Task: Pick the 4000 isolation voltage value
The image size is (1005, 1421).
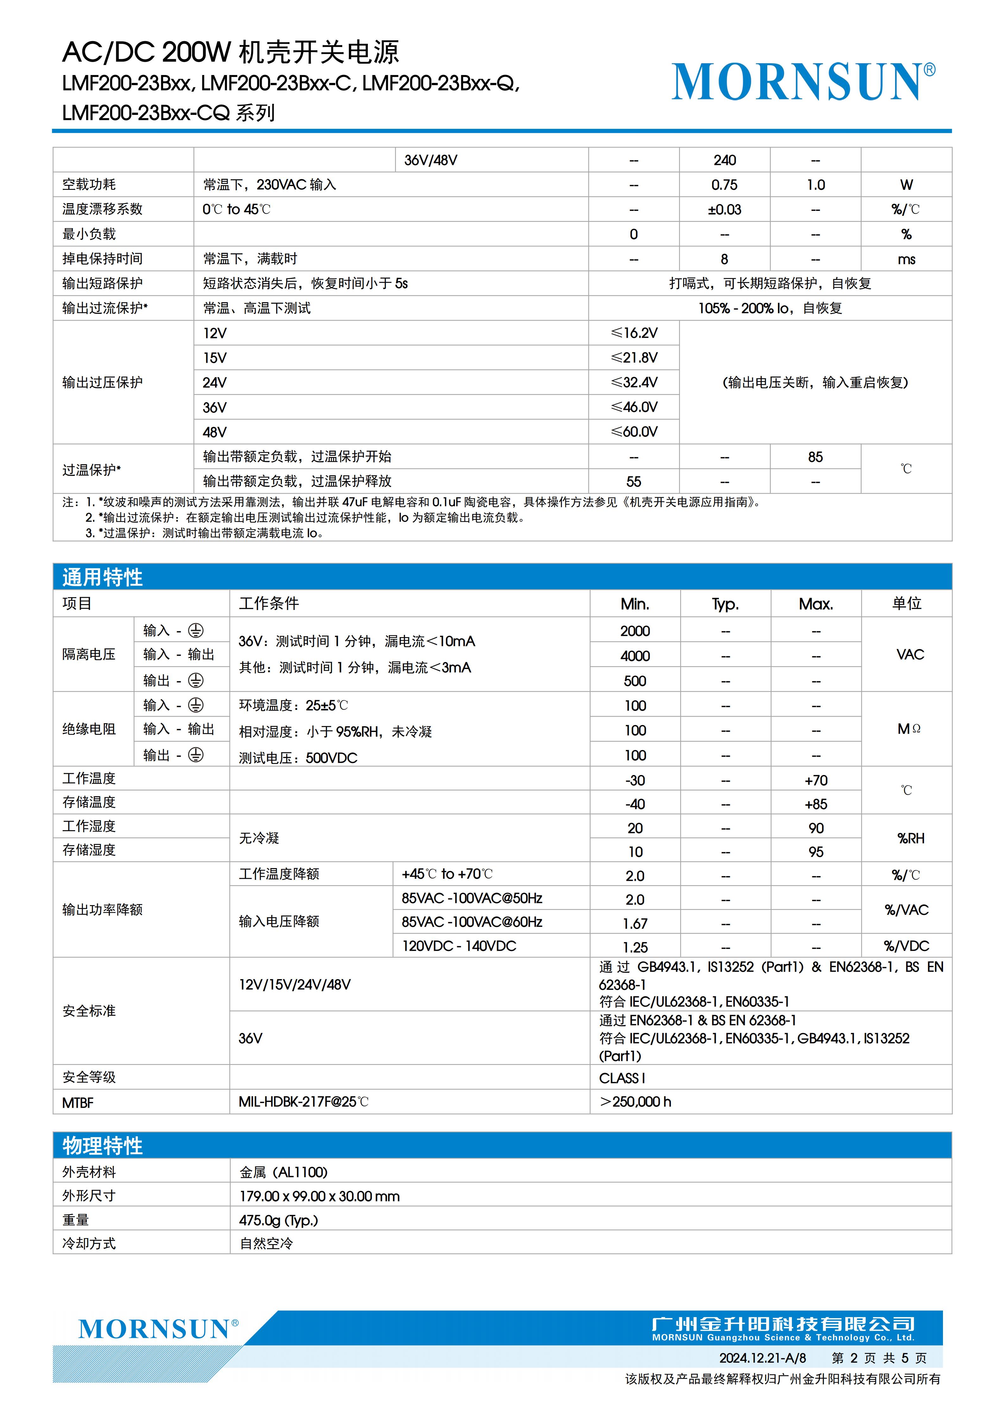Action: click(x=635, y=655)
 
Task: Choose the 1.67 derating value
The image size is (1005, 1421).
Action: click(x=635, y=923)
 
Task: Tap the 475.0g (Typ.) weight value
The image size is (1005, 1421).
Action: click(x=279, y=1220)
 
